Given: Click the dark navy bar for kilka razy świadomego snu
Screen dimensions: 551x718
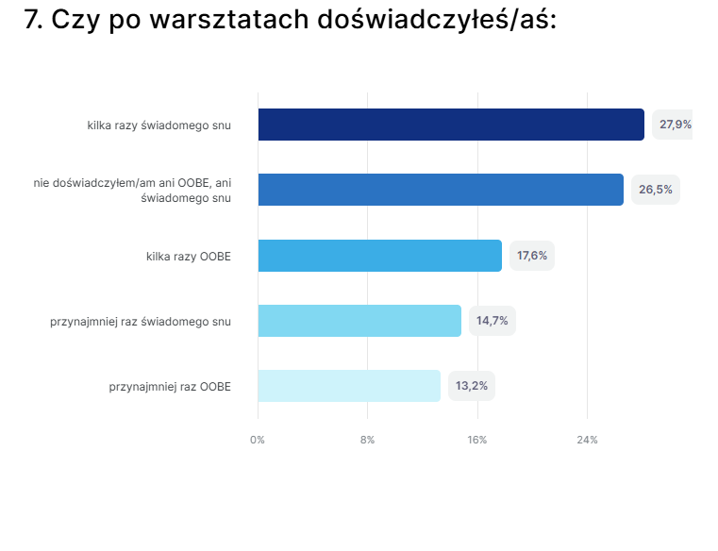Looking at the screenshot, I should click(451, 125).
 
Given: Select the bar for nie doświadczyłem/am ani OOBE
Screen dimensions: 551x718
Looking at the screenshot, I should click(441, 190).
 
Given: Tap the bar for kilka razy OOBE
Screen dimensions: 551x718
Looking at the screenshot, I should click(379, 256).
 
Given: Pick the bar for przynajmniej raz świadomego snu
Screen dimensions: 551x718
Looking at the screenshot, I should click(359, 321).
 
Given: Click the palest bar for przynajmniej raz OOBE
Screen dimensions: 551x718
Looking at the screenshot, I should click(349, 386).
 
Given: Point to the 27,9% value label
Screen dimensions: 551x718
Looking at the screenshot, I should click(675, 125).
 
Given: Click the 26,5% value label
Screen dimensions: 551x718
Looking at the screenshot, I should click(655, 190).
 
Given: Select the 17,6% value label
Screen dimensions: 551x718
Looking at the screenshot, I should click(532, 256).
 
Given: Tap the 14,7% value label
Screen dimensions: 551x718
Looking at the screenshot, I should click(492, 321).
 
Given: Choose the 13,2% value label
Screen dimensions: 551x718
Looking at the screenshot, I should click(471, 386).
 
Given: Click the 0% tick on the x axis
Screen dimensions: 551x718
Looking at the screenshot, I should click(258, 441).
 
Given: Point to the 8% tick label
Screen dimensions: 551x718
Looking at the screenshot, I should click(367, 441).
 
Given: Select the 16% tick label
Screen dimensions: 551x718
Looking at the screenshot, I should click(477, 441).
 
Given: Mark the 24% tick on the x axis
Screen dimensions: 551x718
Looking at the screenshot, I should click(587, 441).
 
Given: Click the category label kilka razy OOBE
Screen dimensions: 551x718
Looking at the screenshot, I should click(189, 256).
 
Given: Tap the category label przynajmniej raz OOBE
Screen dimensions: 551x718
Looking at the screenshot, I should click(170, 386).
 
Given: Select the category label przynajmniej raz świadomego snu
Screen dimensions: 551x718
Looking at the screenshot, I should click(141, 321).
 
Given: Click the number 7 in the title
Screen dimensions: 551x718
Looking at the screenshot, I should click(32, 20).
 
